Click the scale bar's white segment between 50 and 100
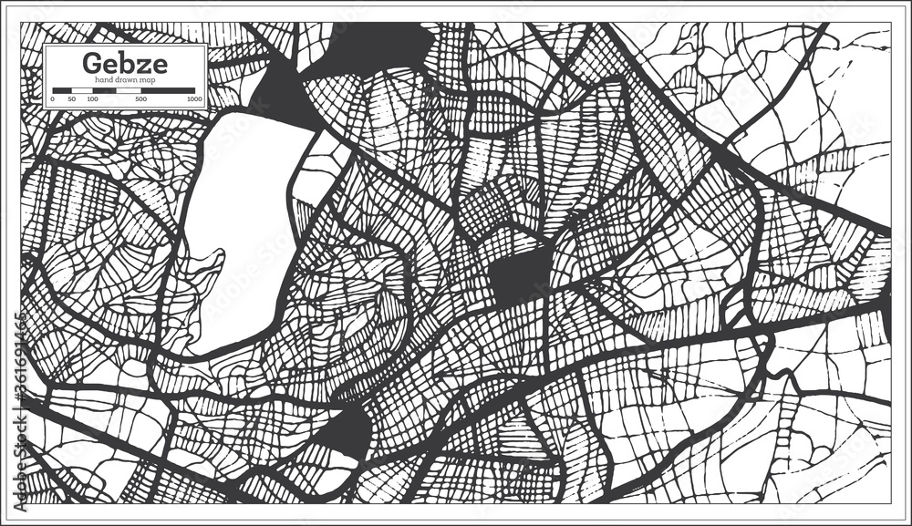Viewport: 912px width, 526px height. click(x=81, y=90)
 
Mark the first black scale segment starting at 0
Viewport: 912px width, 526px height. click(x=61, y=90)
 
